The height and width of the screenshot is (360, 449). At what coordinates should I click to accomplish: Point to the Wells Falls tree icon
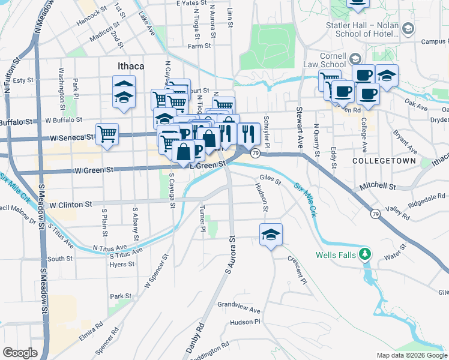pos(364,254)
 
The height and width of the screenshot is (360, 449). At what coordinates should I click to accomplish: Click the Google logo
pos(20,353)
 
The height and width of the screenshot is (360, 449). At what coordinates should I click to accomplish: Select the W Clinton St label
pos(70,204)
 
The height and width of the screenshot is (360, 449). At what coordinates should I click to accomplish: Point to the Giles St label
pos(270,178)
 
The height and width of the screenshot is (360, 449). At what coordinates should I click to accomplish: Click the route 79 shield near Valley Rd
pos(375,214)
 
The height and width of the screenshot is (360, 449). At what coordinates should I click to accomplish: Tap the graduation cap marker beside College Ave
pos(387,76)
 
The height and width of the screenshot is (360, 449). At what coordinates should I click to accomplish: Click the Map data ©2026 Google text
pos(411,355)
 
